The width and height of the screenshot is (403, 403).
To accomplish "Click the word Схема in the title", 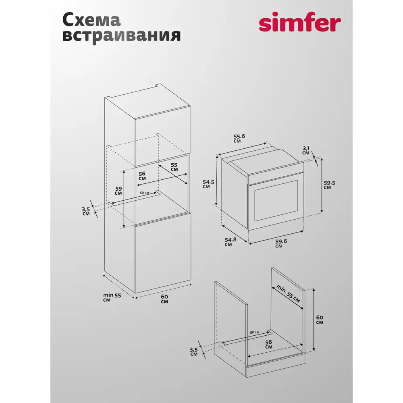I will point(91,20).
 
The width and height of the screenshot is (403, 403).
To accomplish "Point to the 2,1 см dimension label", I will point(306,151).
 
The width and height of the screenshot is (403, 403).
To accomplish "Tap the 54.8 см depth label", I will point(231,241).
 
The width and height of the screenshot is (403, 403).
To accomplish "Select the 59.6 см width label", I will point(281,244).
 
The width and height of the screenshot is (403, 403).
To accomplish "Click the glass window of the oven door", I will point(276,200).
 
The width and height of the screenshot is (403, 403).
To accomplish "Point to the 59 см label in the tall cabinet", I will point(118,190).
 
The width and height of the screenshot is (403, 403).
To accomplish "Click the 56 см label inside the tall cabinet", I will point(142,176).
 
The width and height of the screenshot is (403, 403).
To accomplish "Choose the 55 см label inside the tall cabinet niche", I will point(174,167).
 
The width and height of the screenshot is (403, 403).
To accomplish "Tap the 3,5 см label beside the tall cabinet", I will point(86,211).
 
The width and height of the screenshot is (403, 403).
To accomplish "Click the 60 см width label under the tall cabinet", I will point(164,299).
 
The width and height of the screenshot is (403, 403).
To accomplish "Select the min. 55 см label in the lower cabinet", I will point(288,294).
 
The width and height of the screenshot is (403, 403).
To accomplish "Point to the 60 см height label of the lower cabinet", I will point(319,319).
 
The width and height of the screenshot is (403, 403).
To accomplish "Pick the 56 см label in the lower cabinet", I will point(268,344).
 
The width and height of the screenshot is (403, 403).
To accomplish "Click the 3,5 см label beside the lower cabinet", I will point(194,351).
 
